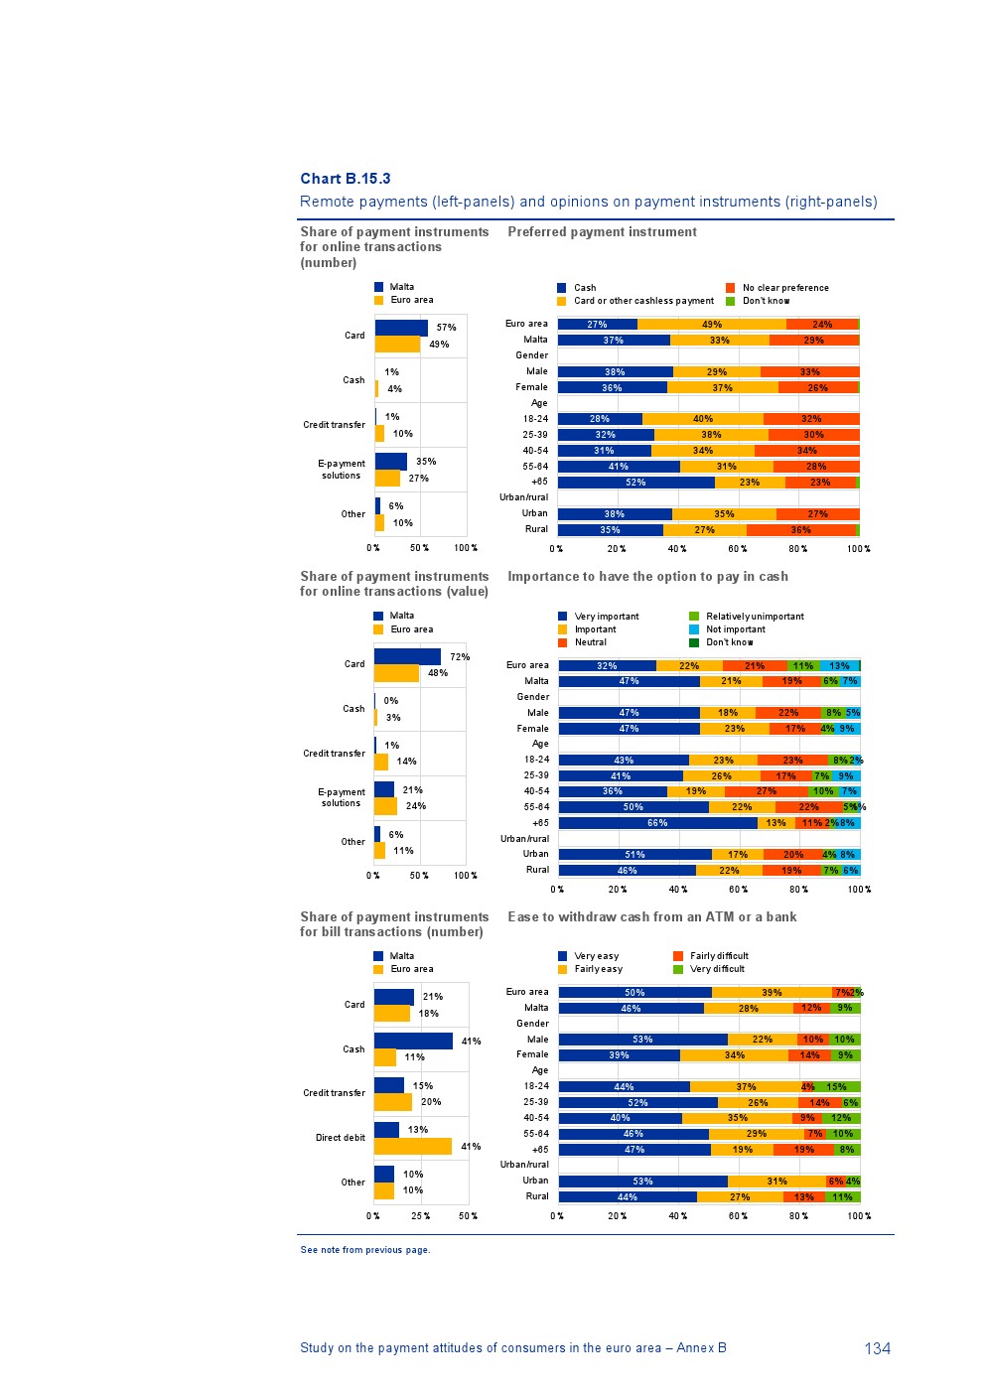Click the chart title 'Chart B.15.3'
pos(346,179)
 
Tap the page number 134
pos(877,1348)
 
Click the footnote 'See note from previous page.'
pos(365,1250)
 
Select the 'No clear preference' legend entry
pos(784,288)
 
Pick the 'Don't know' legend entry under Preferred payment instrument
pos(766,301)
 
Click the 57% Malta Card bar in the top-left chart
pos(401,328)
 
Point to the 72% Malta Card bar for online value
pos(407,656)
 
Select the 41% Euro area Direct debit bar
pos(412,1147)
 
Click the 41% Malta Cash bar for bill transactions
pos(413,1041)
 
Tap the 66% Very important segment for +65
pos(657,823)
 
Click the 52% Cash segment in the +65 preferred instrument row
pos(635,483)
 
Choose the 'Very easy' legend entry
pos(596,956)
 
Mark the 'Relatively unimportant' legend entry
pos(755,617)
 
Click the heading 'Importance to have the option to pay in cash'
pos(647,577)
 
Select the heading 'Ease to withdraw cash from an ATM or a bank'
pos(651,917)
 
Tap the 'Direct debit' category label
pos(341,1138)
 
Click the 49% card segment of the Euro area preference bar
pos(711,325)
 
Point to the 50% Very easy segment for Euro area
pos(634,993)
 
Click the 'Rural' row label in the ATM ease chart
pos(537,1196)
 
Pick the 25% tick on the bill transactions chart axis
pos(421,1216)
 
